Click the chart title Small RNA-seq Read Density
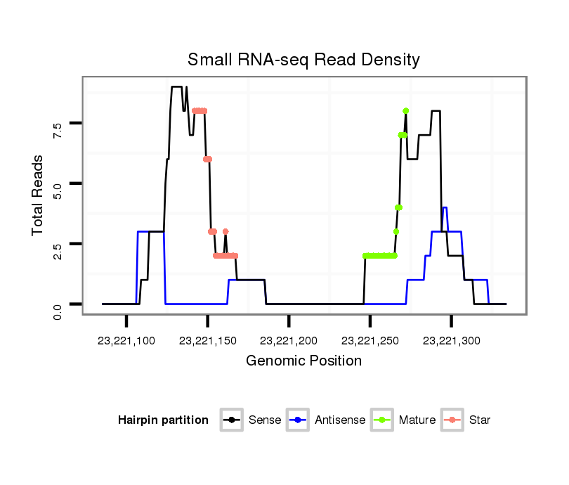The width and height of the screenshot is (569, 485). point(303,60)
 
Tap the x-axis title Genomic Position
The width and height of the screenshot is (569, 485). point(303,361)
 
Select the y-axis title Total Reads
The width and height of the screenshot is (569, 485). point(39,195)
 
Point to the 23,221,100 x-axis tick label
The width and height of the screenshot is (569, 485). point(126,341)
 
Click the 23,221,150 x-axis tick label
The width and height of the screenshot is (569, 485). point(208,341)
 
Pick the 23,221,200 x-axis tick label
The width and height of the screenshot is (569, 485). point(289,341)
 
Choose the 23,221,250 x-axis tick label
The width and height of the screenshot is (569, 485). point(370,341)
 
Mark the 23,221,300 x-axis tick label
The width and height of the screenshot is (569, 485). point(452,341)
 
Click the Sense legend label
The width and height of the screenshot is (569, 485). point(265,420)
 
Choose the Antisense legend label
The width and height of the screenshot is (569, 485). point(340,420)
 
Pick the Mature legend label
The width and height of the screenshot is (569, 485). point(417,420)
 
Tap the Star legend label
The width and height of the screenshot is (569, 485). point(479,420)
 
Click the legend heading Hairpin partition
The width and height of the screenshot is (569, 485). point(163,420)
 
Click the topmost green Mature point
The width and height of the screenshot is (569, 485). point(406,111)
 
